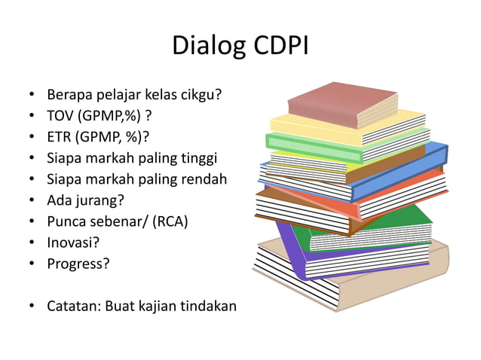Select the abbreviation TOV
tap(61, 117)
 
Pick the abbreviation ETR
tap(60, 138)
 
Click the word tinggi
tap(198, 159)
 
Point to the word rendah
tap(202, 180)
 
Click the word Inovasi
tap(74, 243)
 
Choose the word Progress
tap(78, 264)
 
